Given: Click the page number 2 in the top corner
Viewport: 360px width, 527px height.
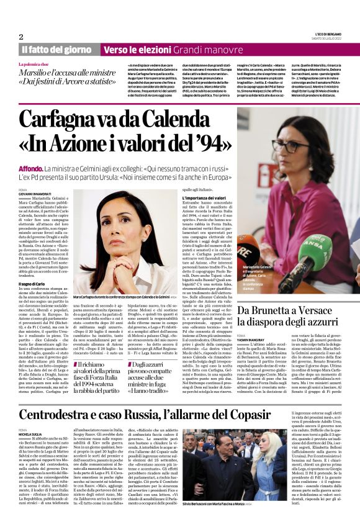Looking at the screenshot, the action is [x=21, y=37].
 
